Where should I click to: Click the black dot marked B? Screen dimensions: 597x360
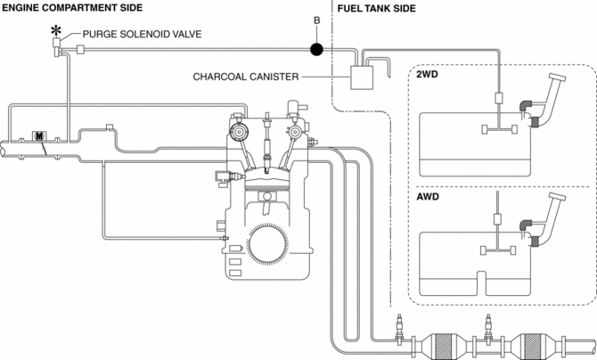coord(316,49)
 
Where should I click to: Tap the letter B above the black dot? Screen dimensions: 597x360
coord(317,21)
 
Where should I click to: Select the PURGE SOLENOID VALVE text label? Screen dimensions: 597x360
coord(142,34)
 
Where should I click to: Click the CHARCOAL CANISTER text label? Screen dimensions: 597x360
coord(246,77)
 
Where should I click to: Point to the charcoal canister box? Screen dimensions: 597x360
coord(362,78)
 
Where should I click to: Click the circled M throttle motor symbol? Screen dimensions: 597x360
coord(39,136)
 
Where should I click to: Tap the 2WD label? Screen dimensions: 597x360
coord(427,74)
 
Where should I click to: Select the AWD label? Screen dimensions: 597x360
coord(428,197)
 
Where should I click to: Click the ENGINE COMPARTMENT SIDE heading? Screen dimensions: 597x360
coord(72,8)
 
